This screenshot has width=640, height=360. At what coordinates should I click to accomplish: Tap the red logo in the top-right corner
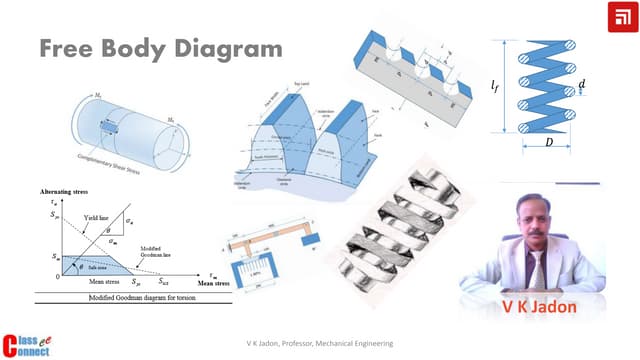[x=619, y=18]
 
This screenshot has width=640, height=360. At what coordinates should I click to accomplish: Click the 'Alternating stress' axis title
[x=71, y=190]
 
